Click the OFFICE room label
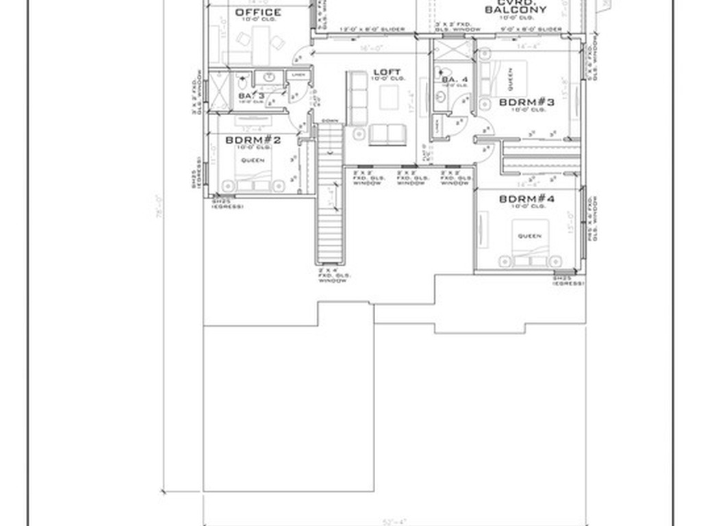257,12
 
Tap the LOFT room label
387,72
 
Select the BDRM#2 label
253,140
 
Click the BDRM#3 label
526,102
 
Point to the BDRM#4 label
526,199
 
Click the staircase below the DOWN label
329,205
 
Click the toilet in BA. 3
270,76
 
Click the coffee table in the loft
389,98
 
